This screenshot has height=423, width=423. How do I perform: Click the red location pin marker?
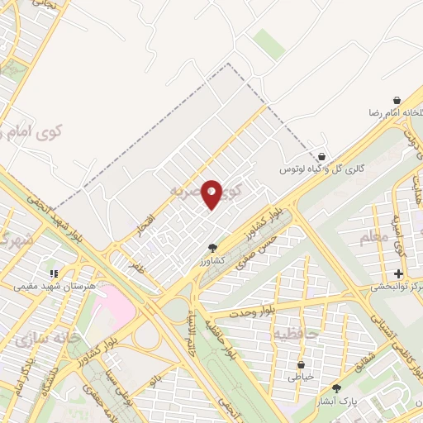point(211,194)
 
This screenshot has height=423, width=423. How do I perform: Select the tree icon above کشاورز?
point(212,247)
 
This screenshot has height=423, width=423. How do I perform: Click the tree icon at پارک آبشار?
point(336,388)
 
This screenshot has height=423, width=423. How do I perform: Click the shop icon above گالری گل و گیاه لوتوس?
point(321,156)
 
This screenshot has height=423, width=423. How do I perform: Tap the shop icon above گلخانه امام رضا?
point(397,99)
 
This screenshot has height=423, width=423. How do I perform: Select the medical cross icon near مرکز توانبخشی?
point(398,273)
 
